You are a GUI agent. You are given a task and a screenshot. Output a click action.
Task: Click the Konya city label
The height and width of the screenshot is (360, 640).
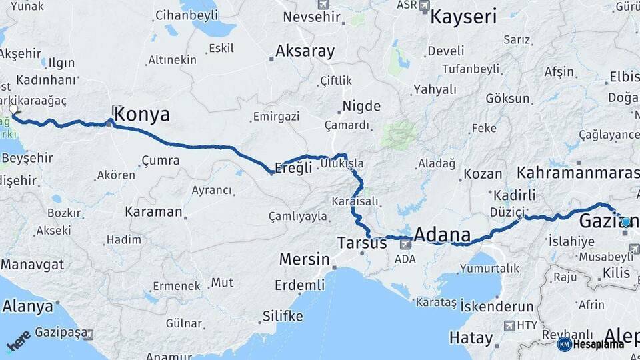click(141, 115)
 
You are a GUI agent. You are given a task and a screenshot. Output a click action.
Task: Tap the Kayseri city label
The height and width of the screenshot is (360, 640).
click(463, 17)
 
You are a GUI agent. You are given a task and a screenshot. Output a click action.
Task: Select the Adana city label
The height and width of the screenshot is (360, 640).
click(442, 235)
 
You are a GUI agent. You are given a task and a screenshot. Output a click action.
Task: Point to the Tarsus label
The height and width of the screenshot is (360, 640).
click(362, 243)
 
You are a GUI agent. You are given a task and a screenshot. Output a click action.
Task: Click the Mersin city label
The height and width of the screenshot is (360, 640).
click(304, 259)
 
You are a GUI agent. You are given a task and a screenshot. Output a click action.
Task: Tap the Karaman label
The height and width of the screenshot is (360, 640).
click(153, 212)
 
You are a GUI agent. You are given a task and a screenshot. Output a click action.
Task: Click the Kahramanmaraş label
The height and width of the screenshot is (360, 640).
click(577, 173)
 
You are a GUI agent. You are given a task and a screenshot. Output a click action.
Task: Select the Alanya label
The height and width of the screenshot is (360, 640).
click(27, 307)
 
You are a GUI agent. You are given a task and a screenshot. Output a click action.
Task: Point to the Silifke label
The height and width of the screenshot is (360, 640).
click(283, 315)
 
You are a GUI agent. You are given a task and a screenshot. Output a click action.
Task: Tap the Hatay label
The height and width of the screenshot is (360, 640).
click(471, 338)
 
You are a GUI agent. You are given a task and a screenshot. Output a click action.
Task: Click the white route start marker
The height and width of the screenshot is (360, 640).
click(13, 109)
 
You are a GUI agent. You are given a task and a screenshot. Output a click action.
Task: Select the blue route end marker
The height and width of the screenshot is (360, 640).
click(625, 222)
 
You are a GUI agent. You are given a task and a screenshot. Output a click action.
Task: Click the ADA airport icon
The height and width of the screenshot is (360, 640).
click(405, 245)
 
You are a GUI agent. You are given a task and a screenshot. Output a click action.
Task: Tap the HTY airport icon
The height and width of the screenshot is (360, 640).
click(510, 325)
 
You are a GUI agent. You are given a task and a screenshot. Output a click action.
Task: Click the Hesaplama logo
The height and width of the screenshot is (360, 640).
click(591, 344)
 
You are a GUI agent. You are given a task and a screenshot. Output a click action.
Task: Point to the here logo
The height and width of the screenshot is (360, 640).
click(19, 341)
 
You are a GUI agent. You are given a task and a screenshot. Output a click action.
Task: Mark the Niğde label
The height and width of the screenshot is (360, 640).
click(361, 106)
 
